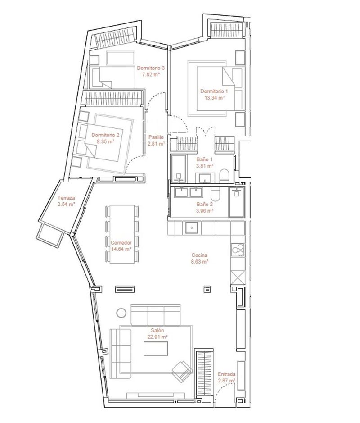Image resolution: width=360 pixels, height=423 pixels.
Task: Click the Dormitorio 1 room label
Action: tap(214, 91)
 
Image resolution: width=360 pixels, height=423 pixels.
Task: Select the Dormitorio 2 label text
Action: tap(105, 135)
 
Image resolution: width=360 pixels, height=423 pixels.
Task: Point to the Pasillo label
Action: tap(156, 138)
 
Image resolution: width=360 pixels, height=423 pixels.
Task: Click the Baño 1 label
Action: tap(205, 159)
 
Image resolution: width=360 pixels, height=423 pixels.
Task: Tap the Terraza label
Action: tap(66, 198)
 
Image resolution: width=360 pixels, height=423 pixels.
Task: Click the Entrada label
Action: tap(226, 374)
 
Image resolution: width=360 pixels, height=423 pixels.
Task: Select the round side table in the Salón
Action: tap(121, 312)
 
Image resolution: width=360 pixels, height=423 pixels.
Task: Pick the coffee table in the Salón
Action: tap(156, 350)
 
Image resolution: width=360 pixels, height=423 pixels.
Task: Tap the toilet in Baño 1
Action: tap(224, 175)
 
